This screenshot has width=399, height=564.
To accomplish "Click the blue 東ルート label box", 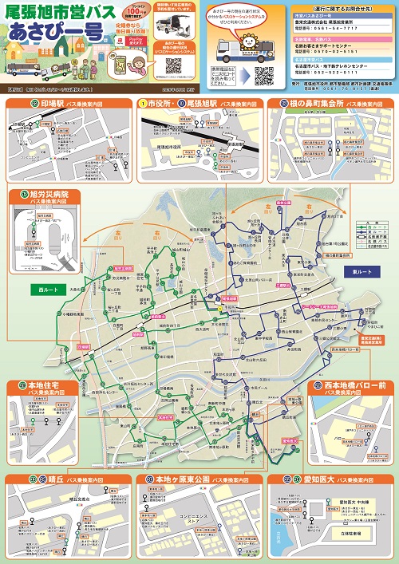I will [361, 271].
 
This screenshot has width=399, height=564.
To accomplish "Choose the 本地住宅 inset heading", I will [43, 388].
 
